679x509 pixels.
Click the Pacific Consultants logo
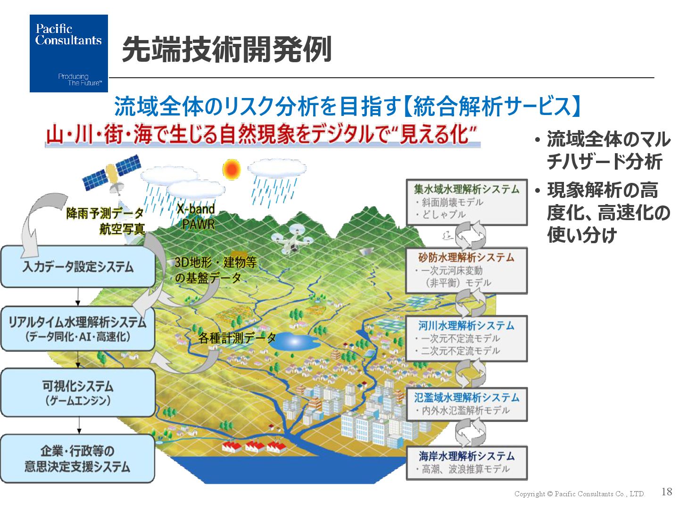(69, 53)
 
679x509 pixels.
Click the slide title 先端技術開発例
(227, 49)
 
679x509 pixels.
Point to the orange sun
(231, 169)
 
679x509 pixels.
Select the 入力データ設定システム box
(78, 267)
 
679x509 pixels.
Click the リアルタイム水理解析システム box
(78, 329)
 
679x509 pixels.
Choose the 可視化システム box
(78, 393)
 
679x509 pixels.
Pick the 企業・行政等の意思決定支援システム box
(78, 459)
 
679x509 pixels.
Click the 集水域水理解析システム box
(466, 202)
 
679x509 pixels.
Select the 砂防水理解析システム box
(466, 270)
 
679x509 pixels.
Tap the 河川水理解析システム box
(466, 338)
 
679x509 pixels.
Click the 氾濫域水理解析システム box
(466, 404)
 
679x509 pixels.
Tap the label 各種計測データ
(237, 338)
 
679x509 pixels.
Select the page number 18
(667, 492)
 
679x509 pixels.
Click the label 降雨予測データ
(105, 213)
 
